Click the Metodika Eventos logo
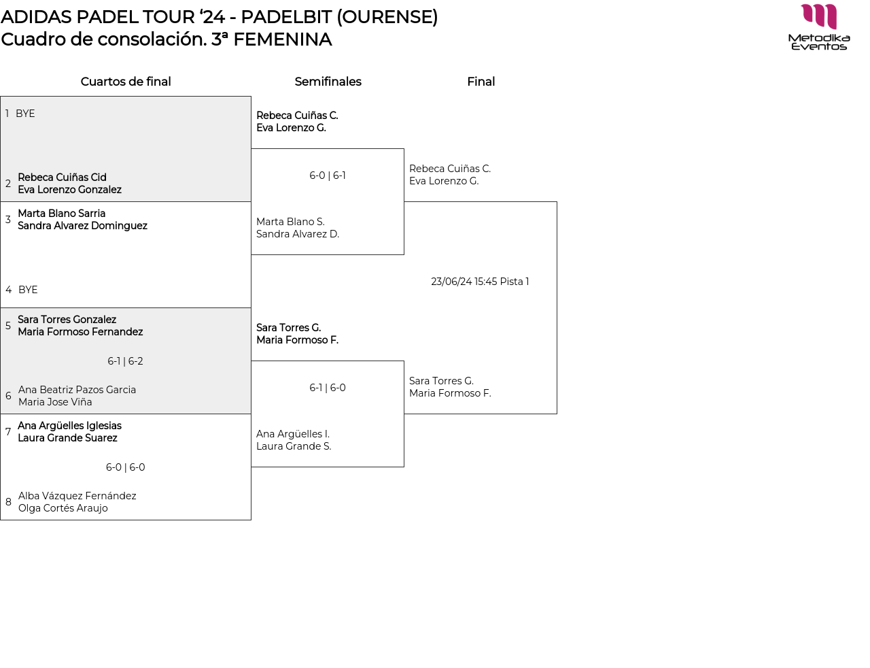pos(819,27)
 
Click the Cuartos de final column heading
pos(126,82)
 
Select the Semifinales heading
pos(328,82)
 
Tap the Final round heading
pos(481,82)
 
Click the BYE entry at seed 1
pos(25,114)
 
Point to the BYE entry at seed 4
pos(28,289)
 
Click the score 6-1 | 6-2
pos(125,361)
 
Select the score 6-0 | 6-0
pos(125,467)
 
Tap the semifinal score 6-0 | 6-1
pos(328,176)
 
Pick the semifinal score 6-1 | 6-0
pos(328,388)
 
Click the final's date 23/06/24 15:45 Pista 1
pos(480,282)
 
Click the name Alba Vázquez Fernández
pos(77,496)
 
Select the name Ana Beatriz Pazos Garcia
pos(77,390)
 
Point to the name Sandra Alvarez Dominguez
pos(82,226)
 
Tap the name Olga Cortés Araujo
pos(63,508)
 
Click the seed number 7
pos(8,431)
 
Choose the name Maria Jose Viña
pos(55,402)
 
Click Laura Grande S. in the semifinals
pos(294,446)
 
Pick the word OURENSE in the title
pos(387,17)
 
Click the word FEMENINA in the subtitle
pos(283,39)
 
